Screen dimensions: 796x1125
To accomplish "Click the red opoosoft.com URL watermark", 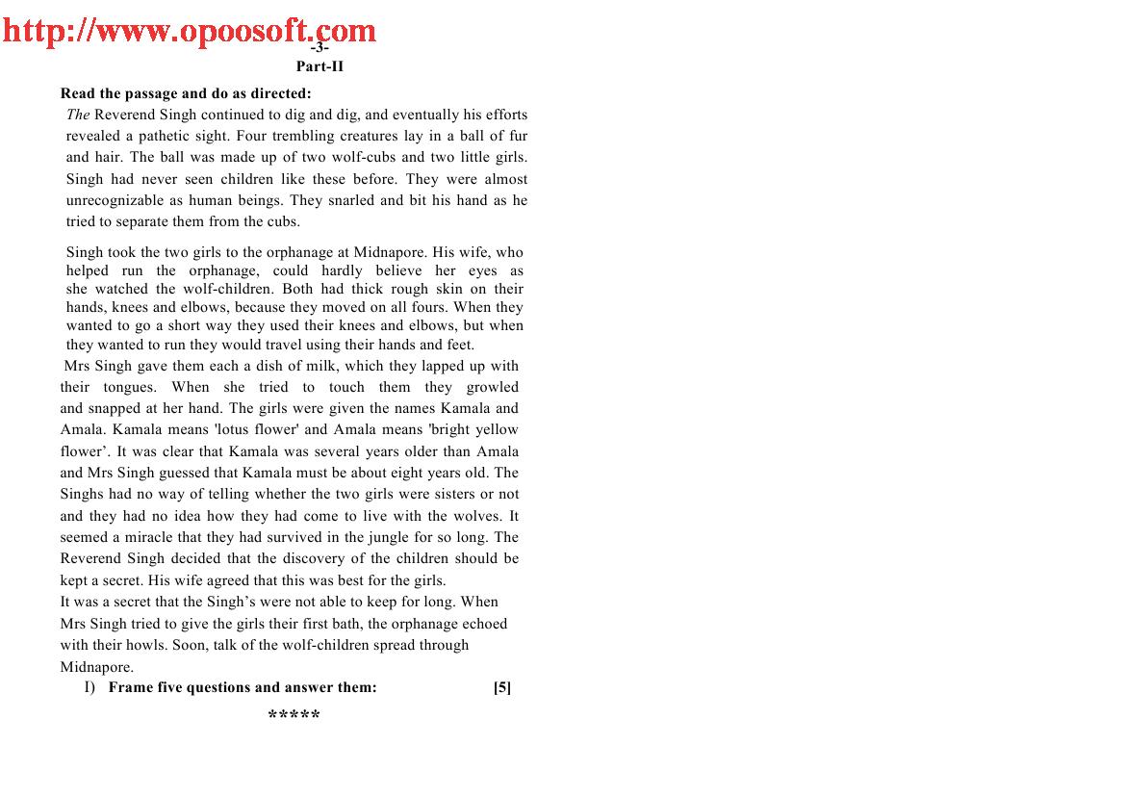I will pos(189,30).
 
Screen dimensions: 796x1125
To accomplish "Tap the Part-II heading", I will pos(320,66).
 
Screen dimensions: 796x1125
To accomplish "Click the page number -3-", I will pos(320,47).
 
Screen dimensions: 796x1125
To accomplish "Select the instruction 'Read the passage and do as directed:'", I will pos(186,93).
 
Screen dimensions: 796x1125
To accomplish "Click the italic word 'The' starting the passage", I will pos(78,115).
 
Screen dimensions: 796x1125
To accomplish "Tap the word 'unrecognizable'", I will pos(115,200).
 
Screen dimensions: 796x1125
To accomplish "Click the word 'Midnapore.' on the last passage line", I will pos(96,667).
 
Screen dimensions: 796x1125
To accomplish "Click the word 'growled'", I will pos(492,387).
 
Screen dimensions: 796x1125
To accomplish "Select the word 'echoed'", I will pos(486,624).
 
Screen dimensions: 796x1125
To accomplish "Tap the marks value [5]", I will pos(501,687).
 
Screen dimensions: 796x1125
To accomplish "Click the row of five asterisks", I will pos(294,716).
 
